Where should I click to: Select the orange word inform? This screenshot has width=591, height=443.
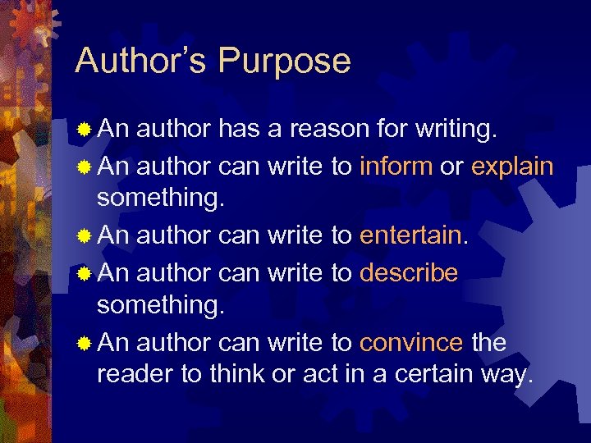pos(396,166)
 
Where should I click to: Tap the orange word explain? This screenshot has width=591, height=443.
pos(512,167)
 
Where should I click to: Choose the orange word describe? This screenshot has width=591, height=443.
pos(409,272)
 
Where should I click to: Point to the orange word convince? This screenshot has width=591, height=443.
pos(412,342)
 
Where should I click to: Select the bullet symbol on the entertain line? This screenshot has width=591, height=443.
pos(84,236)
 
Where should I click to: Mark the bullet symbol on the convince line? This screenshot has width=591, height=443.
pos(84,342)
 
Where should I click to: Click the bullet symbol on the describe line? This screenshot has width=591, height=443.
pos(84,272)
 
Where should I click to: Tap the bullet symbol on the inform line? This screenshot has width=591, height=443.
pos(84,166)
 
